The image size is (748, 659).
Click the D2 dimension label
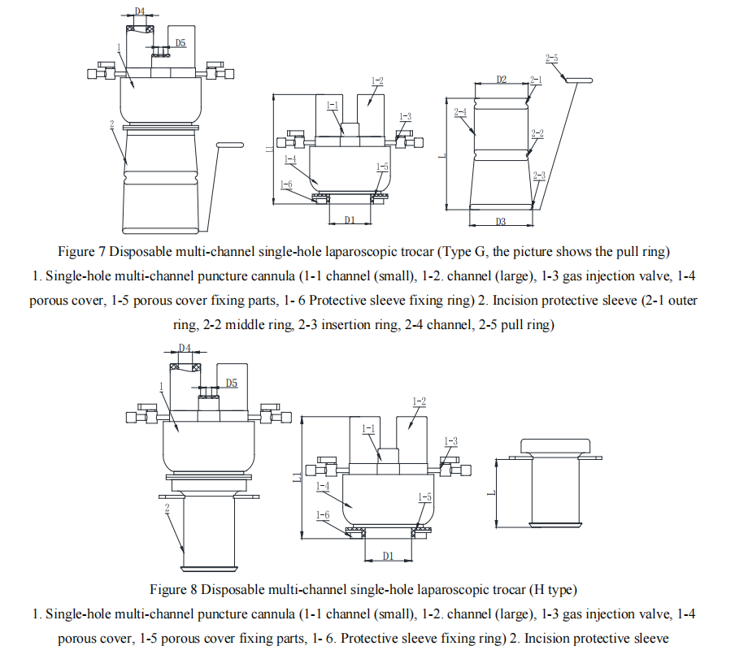click(502, 79)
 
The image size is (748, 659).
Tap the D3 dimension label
click(500, 222)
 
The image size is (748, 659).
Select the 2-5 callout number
click(551, 59)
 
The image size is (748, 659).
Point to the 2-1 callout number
click(536, 80)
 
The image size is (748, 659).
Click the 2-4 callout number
click(460, 112)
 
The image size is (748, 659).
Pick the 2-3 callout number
click(539, 176)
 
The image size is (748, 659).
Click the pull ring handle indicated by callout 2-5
click(579, 80)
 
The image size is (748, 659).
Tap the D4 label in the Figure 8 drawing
click(185, 348)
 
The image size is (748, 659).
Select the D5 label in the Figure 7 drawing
click(180, 43)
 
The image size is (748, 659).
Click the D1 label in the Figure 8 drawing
click(389, 556)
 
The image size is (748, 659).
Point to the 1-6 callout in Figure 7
click(286, 184)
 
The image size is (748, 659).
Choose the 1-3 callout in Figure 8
click(450, 441)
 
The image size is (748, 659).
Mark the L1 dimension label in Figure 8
click(297, 476)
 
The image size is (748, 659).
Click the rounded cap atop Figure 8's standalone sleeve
click(555, 446)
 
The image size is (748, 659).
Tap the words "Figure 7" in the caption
click(81, 251)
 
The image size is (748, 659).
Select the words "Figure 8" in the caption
click(173, 589)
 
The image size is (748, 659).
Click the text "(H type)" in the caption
click(554, 590)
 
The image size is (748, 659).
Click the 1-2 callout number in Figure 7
click(377, 81)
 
